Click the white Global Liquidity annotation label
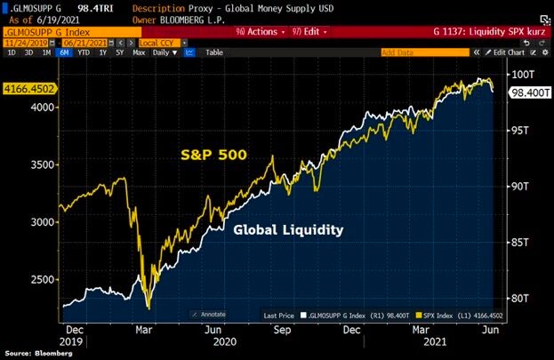tap(288, 229)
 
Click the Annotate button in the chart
tap(211, 314)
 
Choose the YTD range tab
tap(83, 52)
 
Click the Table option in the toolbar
tap(214, 52)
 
